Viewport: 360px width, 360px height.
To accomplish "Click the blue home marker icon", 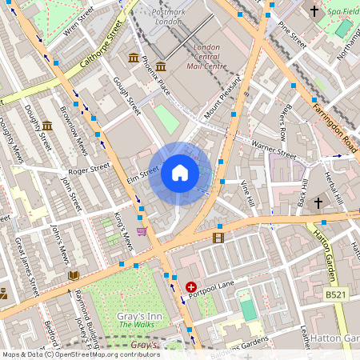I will pos(180,173).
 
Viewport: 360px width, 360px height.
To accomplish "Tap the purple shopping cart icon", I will pos(142,231).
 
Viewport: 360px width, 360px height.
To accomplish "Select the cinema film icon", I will pos(218,237).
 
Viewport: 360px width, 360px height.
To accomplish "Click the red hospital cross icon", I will pos(191,286).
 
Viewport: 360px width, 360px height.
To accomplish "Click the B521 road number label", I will pos(335,295).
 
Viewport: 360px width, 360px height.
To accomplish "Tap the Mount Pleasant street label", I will pos(221,98).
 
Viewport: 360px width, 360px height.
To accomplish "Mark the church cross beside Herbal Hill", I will pos(318,203).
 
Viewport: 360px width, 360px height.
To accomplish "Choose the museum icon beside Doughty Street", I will pos(47,126).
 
